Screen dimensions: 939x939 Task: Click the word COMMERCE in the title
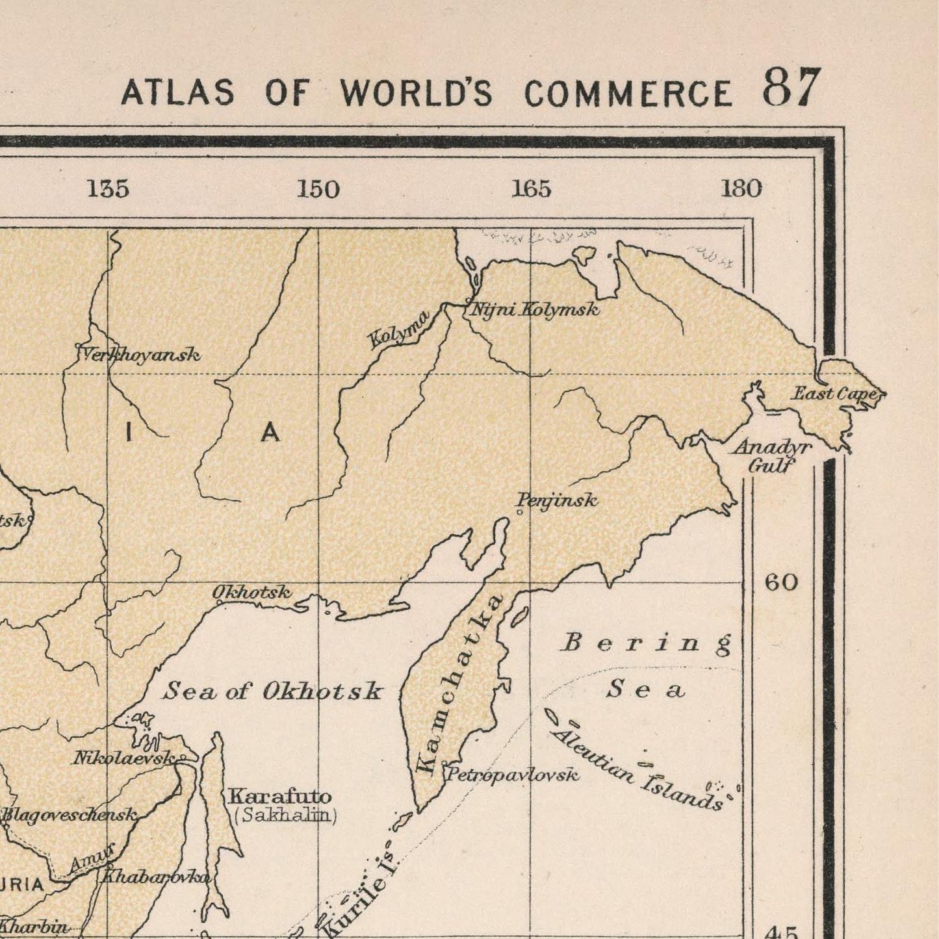[628, 94]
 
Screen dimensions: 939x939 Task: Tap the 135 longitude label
[108, 189]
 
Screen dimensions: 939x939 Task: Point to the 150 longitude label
[318, 190]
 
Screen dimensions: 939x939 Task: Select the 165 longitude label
[531, 189]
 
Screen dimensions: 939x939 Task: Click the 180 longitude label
[741, 189]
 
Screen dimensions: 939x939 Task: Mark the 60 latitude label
[780, 582]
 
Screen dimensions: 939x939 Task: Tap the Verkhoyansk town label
[140, 355]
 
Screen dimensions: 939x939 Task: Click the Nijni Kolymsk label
[534, 310]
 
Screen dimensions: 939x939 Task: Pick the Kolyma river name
[398, 329]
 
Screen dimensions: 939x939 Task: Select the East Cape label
[836, 394]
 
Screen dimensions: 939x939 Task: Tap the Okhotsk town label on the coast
[251, 592]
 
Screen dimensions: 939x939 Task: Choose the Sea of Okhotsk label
[272, 691]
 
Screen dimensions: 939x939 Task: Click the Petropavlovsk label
[512, 775]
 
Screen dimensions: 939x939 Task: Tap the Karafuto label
[279, 796]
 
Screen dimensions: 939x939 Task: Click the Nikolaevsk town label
[123, 758]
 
